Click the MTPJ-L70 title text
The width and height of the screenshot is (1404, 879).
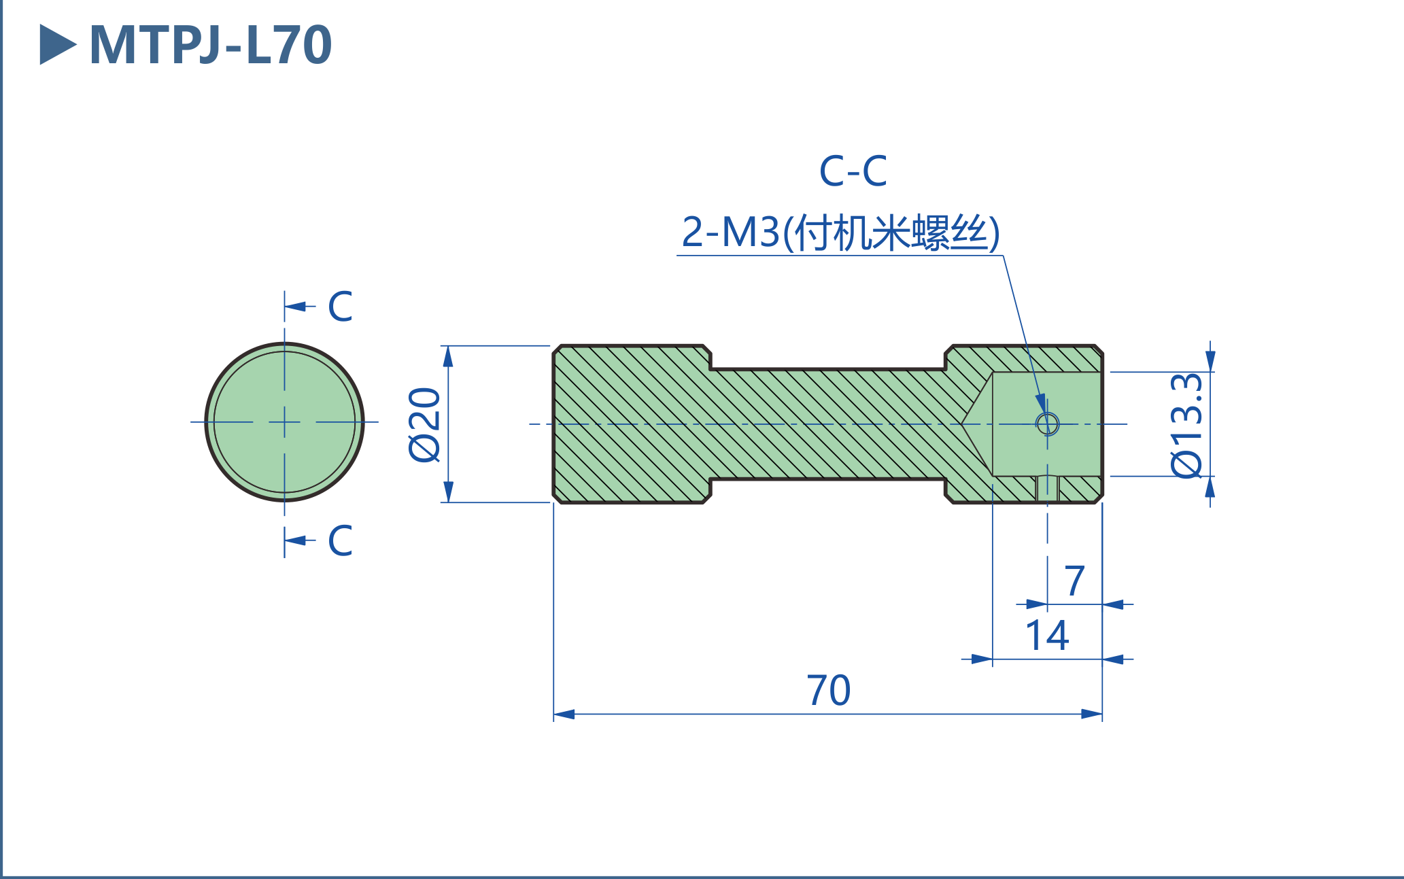pos(210,46)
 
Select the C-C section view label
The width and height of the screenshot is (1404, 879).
pos(853,171)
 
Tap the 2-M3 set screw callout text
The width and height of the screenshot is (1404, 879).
pos(840,232)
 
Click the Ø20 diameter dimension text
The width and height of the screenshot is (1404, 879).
pos(426,425)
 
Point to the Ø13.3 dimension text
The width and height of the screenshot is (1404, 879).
pos(1187,425)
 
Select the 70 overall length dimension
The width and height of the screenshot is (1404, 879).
pos(828,691)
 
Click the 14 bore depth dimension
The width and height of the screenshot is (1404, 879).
pos(1046,636)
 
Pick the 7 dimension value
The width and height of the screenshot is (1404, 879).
pos(1074,581)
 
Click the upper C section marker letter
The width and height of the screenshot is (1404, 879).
pos(340,307)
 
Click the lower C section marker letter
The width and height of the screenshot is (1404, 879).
pos(340,540)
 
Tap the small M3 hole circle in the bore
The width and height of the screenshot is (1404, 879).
pos(1047,424)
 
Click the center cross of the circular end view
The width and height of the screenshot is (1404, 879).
pos(284,422)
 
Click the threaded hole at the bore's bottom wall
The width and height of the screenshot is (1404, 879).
pos(1047,488)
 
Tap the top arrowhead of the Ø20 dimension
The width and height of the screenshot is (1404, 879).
pos(448,356)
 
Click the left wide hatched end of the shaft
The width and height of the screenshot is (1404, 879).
pos(631,424)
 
